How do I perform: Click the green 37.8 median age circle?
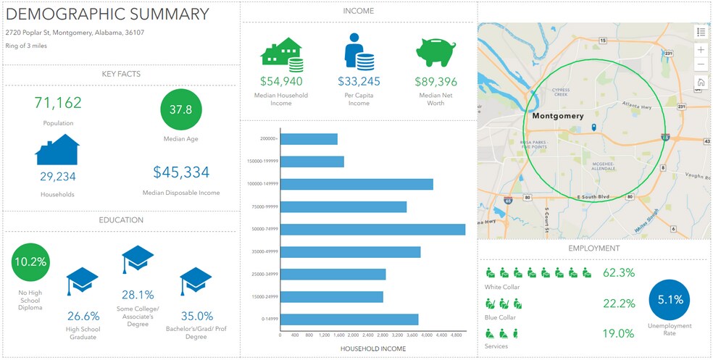tap(180, 109)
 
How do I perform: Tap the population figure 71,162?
tap(58, 102)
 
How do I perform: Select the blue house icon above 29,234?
tap(57, 150)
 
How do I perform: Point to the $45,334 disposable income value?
tap(181, 172)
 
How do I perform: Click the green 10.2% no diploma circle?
tap(32, 261)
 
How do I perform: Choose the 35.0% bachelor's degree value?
tap(196, 316)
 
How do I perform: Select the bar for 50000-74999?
tap(372, 229)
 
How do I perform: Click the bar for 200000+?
tap(309, 139)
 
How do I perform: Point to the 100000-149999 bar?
tap(356, 184)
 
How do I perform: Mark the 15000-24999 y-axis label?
tap(262, 297)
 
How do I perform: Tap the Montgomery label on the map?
tap(557, 116)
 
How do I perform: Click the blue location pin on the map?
tap(593, 128)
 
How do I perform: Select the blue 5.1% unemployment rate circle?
tap(670, 299)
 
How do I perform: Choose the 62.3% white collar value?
tap(619, 273)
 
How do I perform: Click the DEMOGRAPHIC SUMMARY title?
tap(107, 14)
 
